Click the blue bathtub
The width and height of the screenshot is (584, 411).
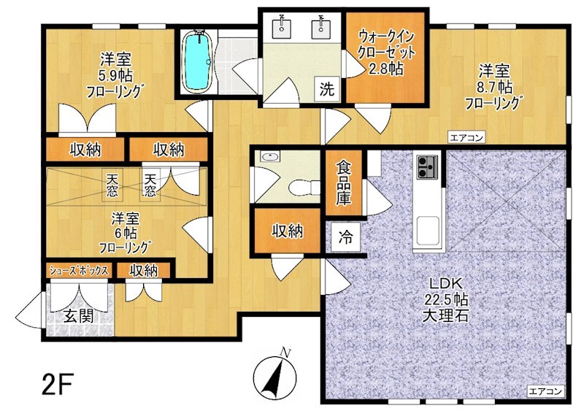click(x=198, y=62)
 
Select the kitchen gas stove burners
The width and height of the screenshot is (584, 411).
click(x=428, y=166)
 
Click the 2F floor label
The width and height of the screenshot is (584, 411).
click(x=57, y=384)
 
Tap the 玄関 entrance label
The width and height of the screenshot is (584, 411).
click(x=79, y=316)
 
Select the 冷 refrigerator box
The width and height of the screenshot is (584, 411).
click(x=345, y=237)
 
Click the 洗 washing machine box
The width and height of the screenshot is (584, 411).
click(x=327, y=88)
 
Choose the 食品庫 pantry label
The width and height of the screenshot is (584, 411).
click(x=343, y=183)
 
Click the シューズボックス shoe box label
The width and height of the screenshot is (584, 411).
click(x=79, y=270)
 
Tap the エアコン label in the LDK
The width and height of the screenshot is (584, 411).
click(x=545, y=391)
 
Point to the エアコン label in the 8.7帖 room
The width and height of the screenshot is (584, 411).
click(x=466, y=137)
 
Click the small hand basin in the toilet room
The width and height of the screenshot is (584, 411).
click(x=269, y=157)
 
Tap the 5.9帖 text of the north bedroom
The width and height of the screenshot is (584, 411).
click(x=115, y=76)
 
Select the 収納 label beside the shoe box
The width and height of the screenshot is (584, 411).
click(x=144, y=271)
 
